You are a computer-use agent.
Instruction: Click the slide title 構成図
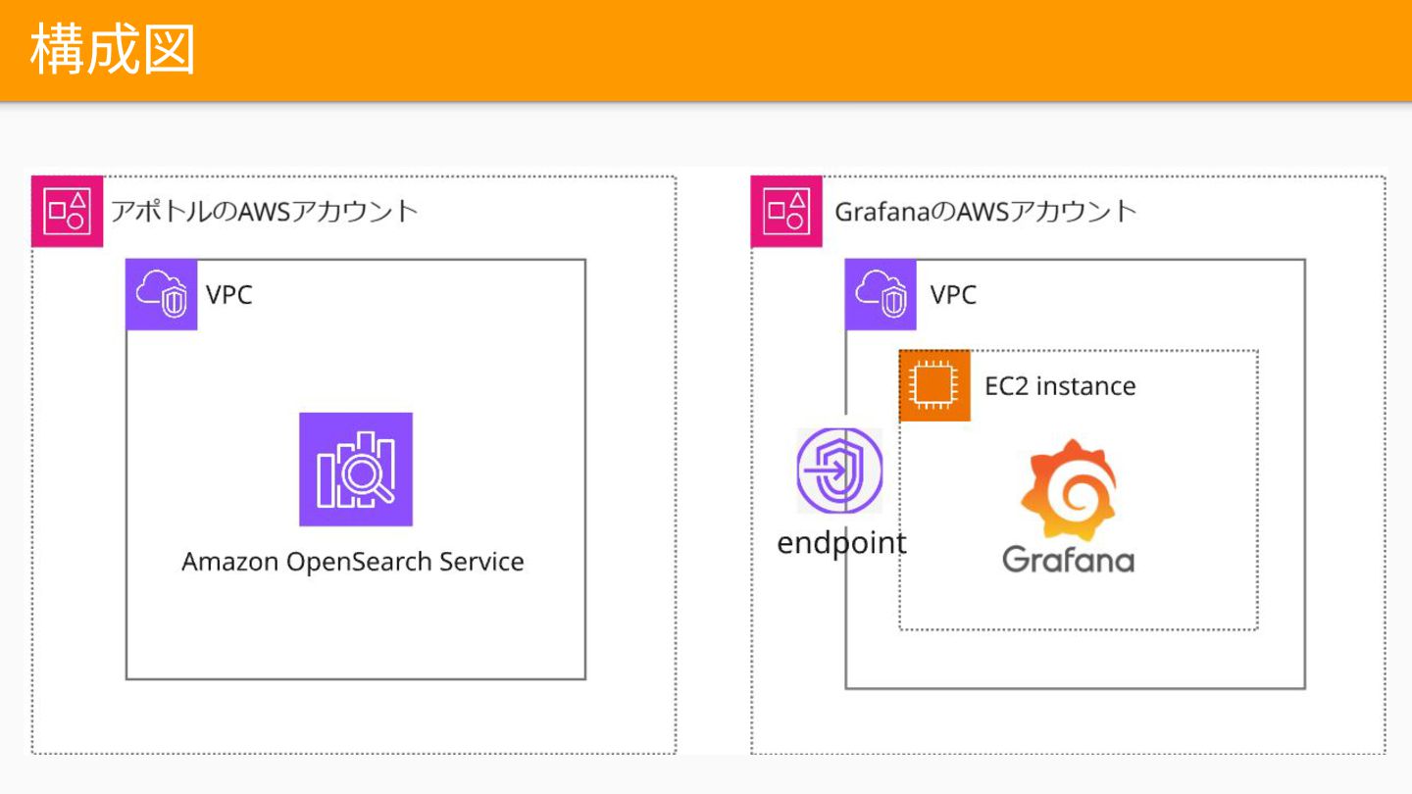tap(113, 49)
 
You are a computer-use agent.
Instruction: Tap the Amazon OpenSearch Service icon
tap(356, 470)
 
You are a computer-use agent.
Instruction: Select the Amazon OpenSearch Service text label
tap(353, 562)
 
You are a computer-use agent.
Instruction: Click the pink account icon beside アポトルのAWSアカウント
tap(68, 211)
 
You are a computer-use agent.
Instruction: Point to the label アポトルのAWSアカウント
tap(264, 211)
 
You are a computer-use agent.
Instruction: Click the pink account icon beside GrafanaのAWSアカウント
tap(786, 211)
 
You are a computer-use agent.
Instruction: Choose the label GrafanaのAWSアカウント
tap(985, 211)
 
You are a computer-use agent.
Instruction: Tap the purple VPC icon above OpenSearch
tap(162, 294)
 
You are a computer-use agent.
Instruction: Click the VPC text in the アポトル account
tap(229, 294)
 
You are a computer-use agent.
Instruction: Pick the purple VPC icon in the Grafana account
tap(881, 294)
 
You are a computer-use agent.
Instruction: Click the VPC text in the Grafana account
tap(953, 294)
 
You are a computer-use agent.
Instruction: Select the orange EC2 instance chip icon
tap(934, 385)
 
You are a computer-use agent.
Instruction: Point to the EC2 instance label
tap(1060, 386)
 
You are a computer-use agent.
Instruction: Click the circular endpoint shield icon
tap(839, 471)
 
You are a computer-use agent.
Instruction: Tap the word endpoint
tap(841, 542)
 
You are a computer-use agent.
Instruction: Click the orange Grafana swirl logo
tap(1068, 490)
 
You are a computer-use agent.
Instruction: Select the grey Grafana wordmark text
tap(1068, 559)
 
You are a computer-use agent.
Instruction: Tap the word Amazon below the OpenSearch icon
tap(229, 562)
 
